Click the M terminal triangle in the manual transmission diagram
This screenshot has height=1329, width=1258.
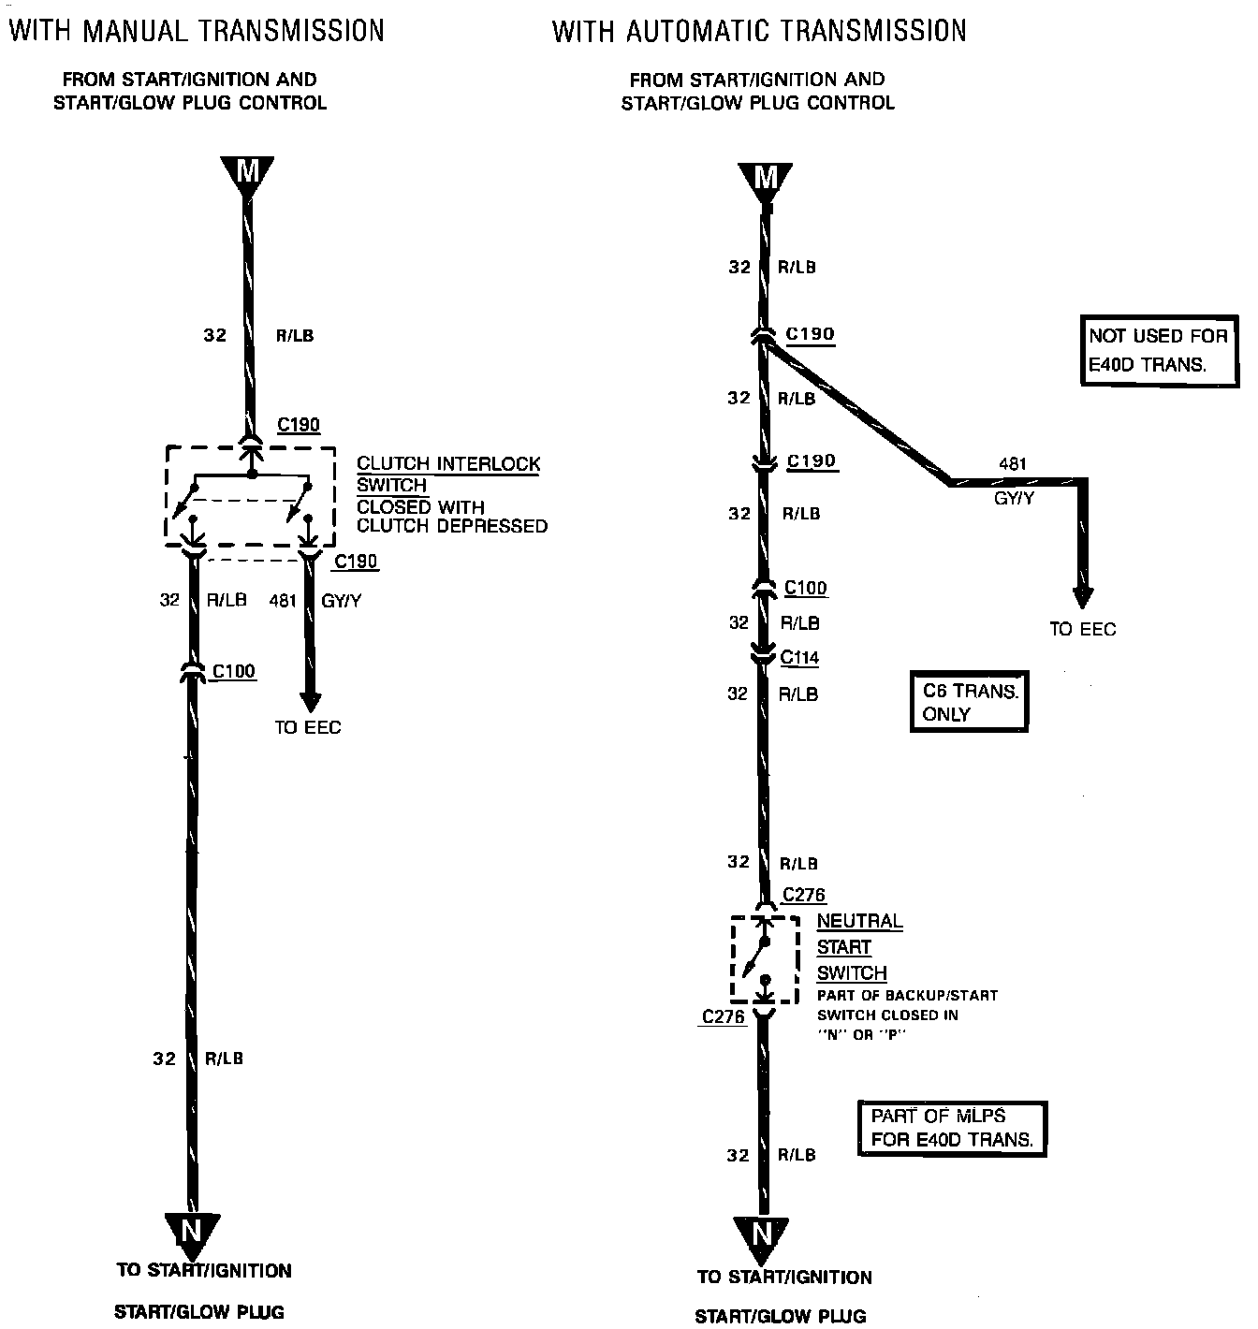(x=247, y=174)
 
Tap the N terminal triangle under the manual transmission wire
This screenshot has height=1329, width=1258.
(x=192, y=1231)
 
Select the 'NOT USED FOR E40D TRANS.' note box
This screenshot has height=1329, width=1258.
(x=1157, y=350)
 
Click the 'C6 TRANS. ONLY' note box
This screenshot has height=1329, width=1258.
(x=969, y=702)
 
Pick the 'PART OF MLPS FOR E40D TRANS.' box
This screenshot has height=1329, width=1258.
(x=952, y=1128)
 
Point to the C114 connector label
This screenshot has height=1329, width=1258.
(x=799, y=658)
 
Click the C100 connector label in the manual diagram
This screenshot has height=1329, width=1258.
(x=233, y=671)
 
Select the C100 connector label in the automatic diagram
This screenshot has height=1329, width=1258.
(x=805, y=588)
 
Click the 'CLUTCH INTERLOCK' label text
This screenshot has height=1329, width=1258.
(x=448, y=464)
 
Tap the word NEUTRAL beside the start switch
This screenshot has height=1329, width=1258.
(x=859, y=921)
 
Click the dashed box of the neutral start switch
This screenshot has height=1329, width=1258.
(x=765, y=959)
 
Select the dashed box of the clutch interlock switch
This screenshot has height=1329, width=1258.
(x=250, y=496)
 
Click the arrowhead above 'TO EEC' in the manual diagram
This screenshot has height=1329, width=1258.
(x=310, y=702)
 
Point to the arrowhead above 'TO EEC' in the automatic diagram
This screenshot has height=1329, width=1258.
(x=1083, y=597)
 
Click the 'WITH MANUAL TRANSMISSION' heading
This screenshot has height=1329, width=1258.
(x=197, y=31)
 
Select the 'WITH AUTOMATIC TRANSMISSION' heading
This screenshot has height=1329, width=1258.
(x=759, y=31)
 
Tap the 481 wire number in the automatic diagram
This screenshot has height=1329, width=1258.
(x=1013, y=463)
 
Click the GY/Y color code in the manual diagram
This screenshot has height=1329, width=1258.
(x=341, y=601)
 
